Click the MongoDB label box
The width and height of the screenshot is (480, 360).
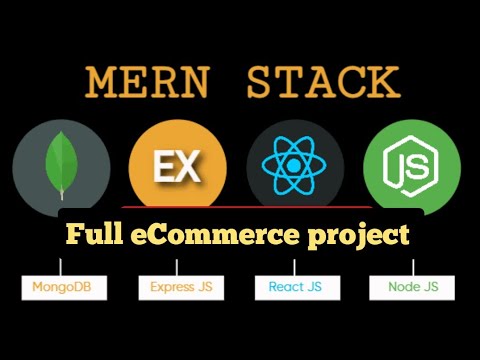60,287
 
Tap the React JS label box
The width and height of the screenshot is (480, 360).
294,287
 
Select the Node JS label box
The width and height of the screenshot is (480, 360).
412,287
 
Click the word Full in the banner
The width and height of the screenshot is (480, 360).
96,236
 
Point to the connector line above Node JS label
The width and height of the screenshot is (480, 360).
412,266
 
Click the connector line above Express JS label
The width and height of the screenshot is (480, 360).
177,266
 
